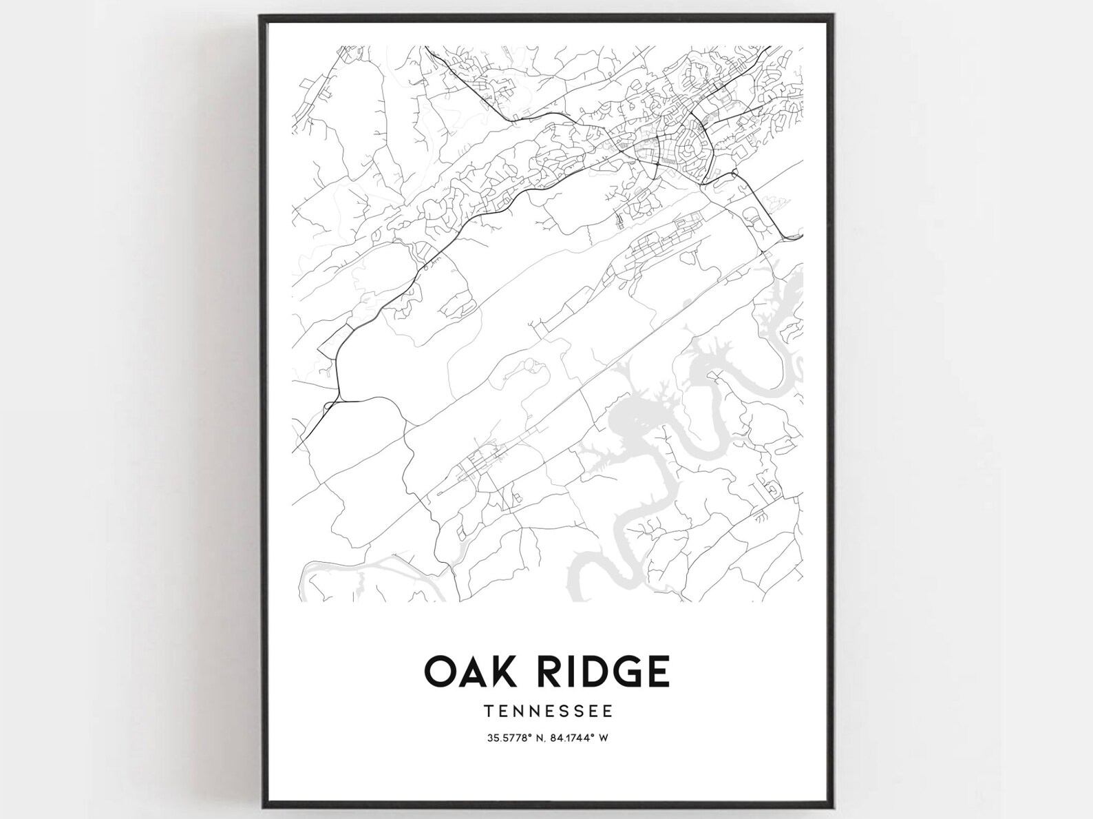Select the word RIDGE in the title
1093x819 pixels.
pyautogui.click(x=596, y=671)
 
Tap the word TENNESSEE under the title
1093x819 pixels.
pyautogui.click(x=547, y=709)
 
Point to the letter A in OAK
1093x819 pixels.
pyautogui.click(x=467, y=671)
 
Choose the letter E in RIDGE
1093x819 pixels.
pyautogui.click(x=657, y=671)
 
